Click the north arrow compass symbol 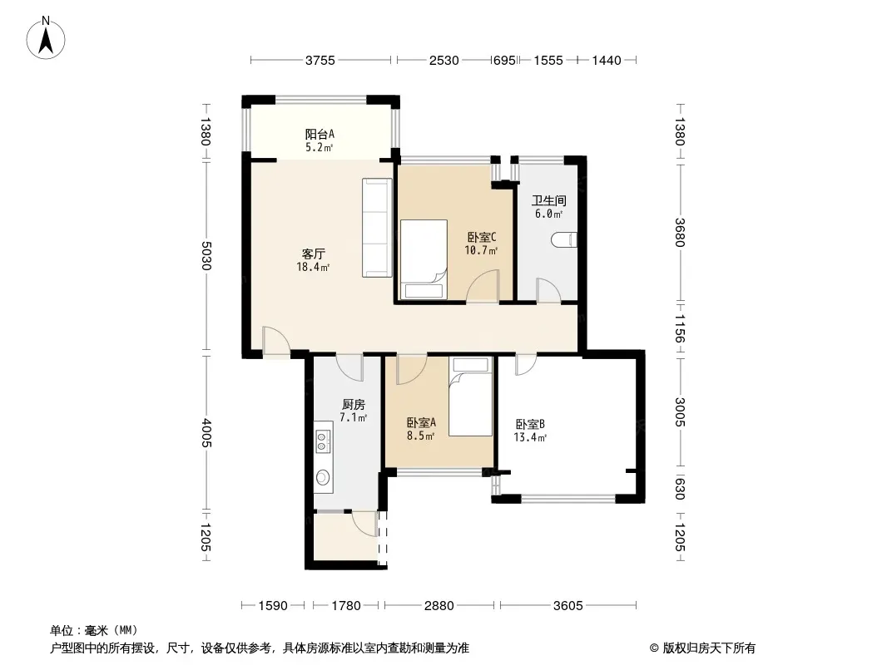point(46,38)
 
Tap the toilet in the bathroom point(564,240)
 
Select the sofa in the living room point(377,228)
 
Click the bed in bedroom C point(424,259)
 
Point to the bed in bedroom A point(471,397)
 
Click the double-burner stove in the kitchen point(323,441)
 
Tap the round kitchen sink point(323,477)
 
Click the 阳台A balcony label point(320,135)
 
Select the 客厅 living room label point(313,254)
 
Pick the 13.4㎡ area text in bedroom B point(530,437)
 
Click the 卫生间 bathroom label point(548,200)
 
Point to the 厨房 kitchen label point(354,405)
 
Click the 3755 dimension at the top point(320,61)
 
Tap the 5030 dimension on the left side point(206,255)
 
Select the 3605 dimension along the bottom point(568,606)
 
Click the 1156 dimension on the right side point(680,329)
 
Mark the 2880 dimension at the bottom point(439,606)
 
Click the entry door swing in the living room point(276,342)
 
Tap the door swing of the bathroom point(548,290)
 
